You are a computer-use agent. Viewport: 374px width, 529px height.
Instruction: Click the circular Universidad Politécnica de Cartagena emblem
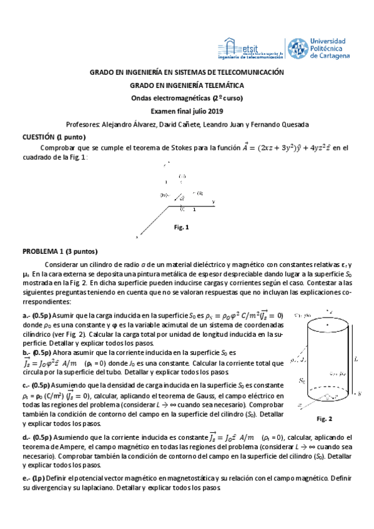pyautogui.click(x=297, y=48)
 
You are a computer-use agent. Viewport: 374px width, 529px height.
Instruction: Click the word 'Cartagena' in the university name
pyautogui.click(x=337, y=56)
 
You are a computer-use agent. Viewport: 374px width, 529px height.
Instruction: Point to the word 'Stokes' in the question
pyautogui.click(x=181, y=148)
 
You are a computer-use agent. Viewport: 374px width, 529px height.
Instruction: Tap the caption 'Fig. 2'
pyautogui.click(x=325, y=418)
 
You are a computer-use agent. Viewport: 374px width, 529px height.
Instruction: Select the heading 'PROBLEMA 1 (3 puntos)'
pyautogui.click(x=60, y=252)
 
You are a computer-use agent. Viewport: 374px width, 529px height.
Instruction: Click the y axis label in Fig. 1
pyautogui.click(x=214, y=202)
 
